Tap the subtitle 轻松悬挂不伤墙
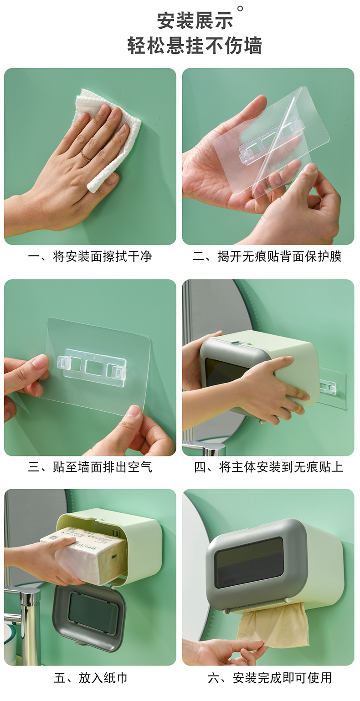pos(195,46)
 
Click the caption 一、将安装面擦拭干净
pos(90,256)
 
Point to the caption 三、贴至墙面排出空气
pos(90,467)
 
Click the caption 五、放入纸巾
pos(90,678)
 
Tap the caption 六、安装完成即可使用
pos(269,678)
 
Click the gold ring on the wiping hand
pos(85,156)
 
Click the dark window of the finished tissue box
pos(249,563)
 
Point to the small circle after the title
pos(241,8)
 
